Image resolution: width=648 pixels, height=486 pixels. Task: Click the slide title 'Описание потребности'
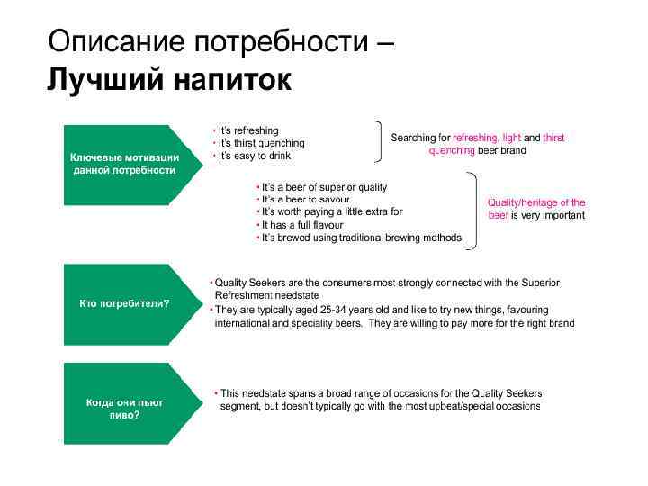click(x=208, y=40)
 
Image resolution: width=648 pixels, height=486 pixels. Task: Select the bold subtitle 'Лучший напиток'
click(x=168, y=79)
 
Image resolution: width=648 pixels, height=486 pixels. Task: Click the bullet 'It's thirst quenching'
click(x=262, y=143)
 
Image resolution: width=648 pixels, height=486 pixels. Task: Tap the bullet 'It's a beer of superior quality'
click(x=324, y=187)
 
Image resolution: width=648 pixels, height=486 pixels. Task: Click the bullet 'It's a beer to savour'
click(x=306, y=200)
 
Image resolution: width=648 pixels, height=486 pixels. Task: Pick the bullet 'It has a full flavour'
click(x=305, y=225)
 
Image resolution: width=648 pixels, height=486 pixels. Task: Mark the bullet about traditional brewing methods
click(x=361, y=238)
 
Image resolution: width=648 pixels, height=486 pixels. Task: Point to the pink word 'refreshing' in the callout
click(x=474, y=138)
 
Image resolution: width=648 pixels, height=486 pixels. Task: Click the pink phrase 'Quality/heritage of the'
click(x=536, y=202)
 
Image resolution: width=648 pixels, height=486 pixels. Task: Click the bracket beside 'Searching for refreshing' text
click(x=379, y=142)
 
